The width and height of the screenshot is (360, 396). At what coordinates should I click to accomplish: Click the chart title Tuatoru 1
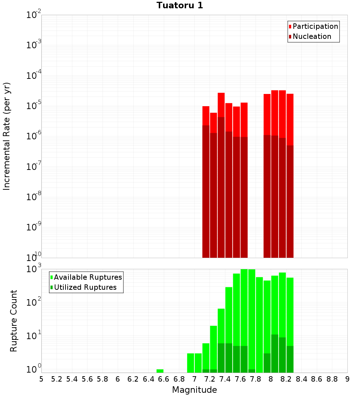(180, 5)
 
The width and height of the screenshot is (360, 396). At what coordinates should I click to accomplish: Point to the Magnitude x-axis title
(194, 390)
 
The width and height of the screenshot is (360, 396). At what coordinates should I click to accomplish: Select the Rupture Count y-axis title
(14, 321)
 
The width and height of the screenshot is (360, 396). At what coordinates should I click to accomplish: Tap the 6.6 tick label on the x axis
(164, 379)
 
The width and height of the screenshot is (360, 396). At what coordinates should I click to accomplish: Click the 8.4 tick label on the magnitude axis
(301, 379)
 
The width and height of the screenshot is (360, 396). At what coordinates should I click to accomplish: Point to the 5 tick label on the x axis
(41, 379)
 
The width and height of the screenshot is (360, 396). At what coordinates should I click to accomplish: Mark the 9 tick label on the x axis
(347, 379)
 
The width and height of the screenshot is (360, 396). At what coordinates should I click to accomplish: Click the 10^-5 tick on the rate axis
(33, 106)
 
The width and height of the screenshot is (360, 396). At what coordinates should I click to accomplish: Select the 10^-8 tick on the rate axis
(33, 197)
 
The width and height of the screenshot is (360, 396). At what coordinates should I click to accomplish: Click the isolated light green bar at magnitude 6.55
(160, 371)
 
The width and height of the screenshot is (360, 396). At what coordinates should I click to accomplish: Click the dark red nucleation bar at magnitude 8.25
(290, 202)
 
